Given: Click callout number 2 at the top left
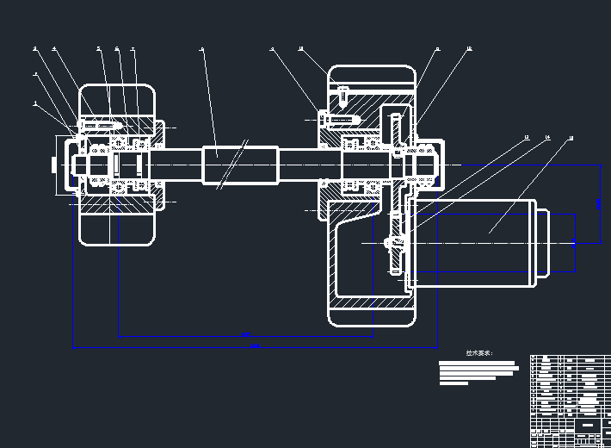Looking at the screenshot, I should (35, 48).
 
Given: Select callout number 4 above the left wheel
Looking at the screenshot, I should (53, 48).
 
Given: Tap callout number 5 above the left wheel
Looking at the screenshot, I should (99, 48).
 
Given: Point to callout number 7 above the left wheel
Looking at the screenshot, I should (133, 49).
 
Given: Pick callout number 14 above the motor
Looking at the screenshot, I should (547, 137).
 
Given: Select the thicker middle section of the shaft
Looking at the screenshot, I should (241, 164).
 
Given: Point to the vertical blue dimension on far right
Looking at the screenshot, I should (600, 203).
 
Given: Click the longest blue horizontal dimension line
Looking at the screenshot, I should (250, 348).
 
